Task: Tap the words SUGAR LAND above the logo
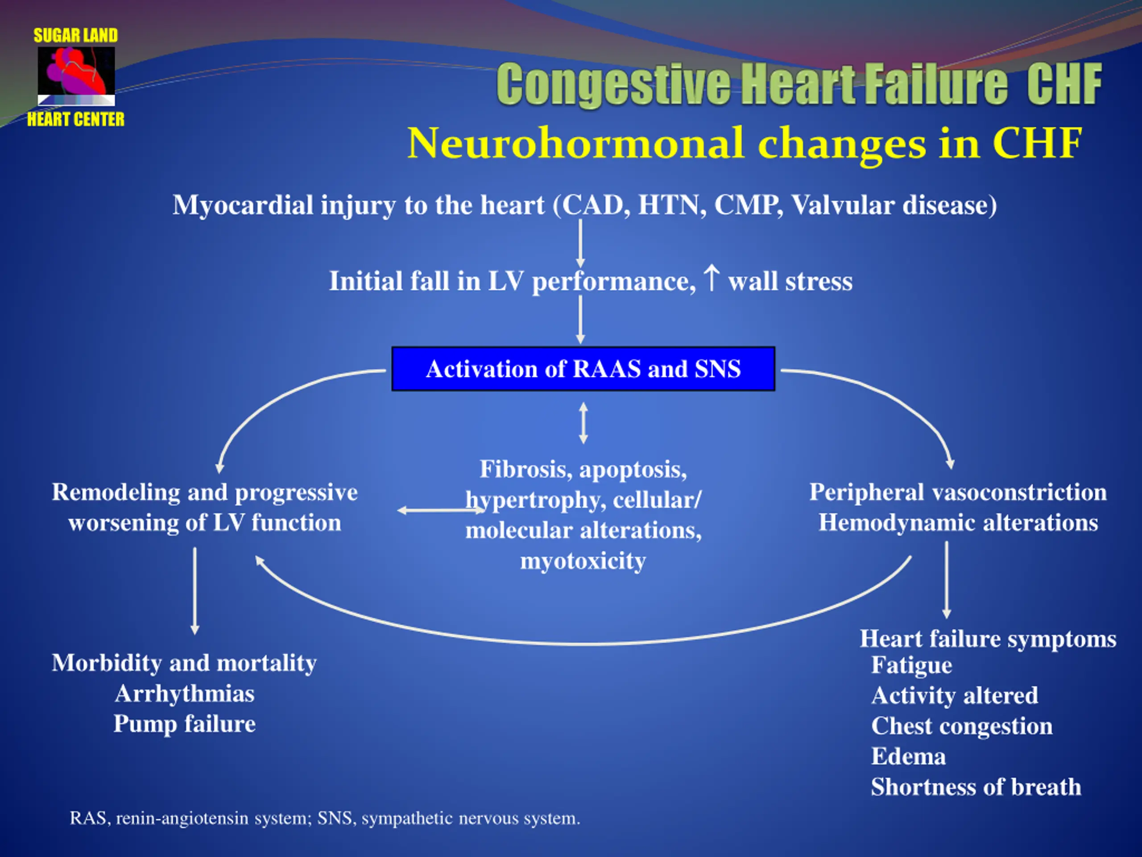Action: coord(76,35)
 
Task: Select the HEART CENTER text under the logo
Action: coord(76,119)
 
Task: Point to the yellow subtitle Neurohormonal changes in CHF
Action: coord(744,143)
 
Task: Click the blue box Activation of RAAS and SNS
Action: coord(583,369)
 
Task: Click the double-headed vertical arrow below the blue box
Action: coord(583,423)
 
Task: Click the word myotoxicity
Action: coord(583,561)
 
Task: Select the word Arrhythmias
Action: coord(185,693)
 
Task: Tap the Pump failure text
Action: coord(185,724)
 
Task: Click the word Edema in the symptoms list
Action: coord(909,756)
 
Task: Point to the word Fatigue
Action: coord(912,665)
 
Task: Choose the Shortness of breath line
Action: coord(976,787)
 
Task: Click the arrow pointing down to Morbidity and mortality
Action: coord(194,591)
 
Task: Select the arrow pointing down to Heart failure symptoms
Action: coord(946,580)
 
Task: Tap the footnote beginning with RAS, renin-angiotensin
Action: coord(325,818)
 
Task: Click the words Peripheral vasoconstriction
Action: coord(958,492)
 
